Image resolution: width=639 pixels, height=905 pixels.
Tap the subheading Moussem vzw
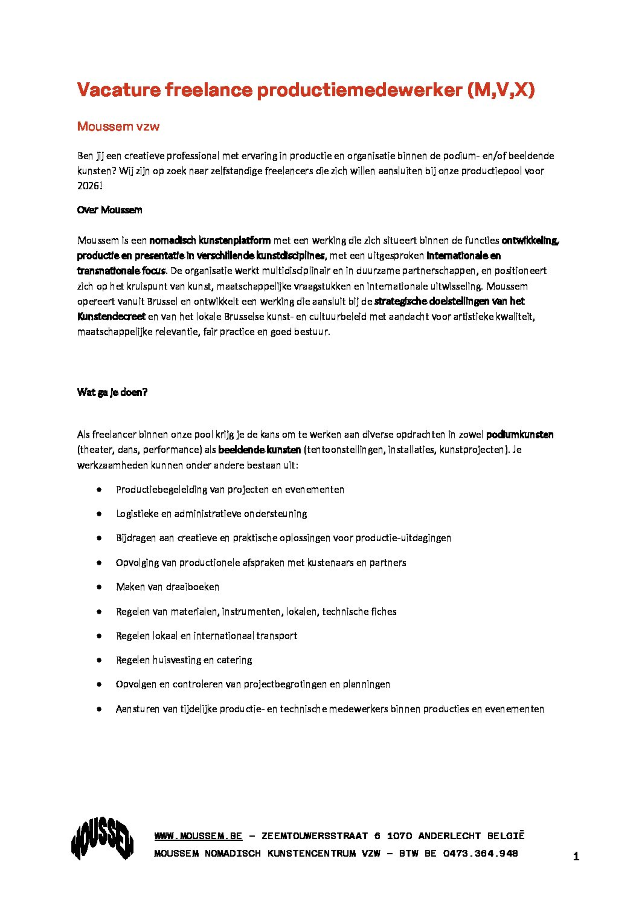coord(118,126)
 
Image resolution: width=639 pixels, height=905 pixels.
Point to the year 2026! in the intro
coord(90,186)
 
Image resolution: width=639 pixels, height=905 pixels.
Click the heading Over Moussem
coord(110,210)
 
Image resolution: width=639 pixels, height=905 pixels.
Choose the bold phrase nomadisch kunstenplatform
coord(210,240)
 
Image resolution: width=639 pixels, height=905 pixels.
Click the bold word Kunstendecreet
coord(112,316)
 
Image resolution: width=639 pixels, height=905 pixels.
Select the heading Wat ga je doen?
coord(112,392)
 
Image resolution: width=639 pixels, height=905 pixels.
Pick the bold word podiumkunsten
coord(520,435)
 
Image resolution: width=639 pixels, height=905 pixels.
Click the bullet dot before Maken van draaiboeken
coord(99,587)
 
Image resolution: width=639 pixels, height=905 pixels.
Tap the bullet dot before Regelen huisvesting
coord(99,660)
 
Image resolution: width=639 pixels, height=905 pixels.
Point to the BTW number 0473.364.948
coord(480,854)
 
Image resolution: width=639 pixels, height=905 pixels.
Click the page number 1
coord(576,857)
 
